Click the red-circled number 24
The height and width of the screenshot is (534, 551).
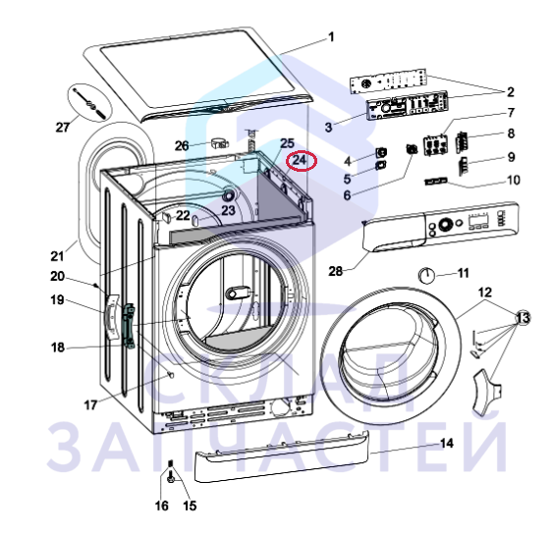click(x=300, y=160)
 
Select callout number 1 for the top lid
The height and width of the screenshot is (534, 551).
click(x=331, y=37)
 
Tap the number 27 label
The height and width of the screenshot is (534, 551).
click(x=63, y=128)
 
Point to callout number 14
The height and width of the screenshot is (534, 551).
click(x=447, y=444)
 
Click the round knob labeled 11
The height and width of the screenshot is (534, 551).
click(x=426, y=275)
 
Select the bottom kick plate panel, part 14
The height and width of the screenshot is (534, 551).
click(x=282, y=455)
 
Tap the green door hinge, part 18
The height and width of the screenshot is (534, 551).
click(x=129, y=326)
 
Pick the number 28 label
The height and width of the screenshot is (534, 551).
click(x=336, y=271)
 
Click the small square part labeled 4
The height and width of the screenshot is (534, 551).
click(x=381, y=152)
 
